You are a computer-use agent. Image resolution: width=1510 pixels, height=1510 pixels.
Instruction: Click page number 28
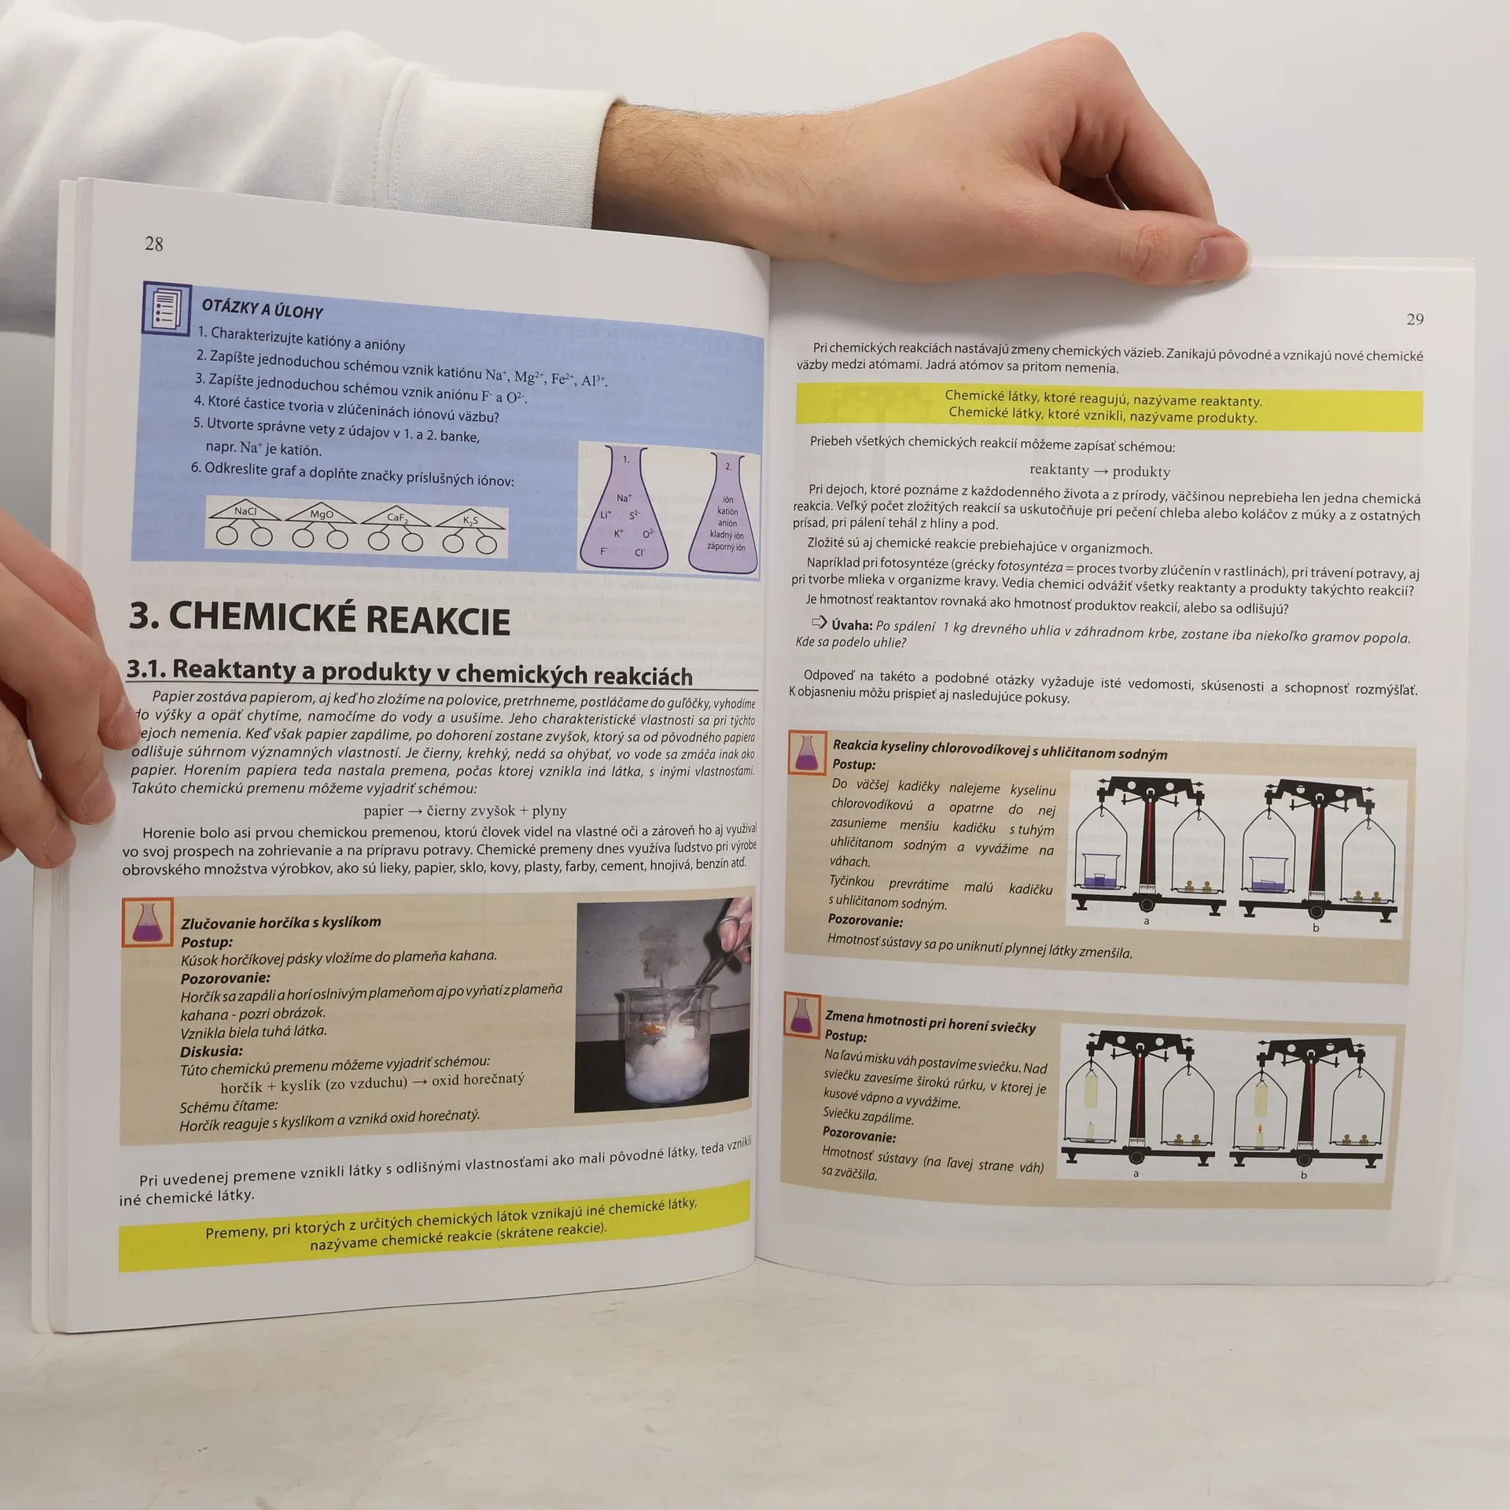[x=154, y=244]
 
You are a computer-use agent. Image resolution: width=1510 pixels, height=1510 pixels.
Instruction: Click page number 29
[x=1415, y=319]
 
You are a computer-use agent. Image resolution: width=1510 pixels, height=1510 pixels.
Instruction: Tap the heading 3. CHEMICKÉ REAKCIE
[x=319, y=618]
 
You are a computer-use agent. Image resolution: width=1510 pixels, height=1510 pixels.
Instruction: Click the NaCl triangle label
[x=245, y=512]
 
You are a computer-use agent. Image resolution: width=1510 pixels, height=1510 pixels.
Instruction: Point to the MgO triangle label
[x=321, y=514]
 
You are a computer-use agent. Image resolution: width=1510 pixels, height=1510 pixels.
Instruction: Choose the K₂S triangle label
[x=470, y=520]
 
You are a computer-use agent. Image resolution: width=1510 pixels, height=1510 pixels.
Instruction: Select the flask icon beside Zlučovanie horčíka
[x=148, y=923]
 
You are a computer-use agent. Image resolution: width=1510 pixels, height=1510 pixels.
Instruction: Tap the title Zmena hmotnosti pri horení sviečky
[x=930, y=1022]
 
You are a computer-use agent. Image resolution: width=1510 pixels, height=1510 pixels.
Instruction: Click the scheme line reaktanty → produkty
[x=1099, y=470]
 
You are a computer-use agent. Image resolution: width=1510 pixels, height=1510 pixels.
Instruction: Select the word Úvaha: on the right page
[x=852, y=624]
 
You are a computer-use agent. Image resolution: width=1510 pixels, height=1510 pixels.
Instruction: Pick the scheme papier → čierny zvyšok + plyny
[x=465, y=810]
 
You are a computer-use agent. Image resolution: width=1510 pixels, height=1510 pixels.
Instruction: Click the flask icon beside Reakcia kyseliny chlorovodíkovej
[x=806, y=753]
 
